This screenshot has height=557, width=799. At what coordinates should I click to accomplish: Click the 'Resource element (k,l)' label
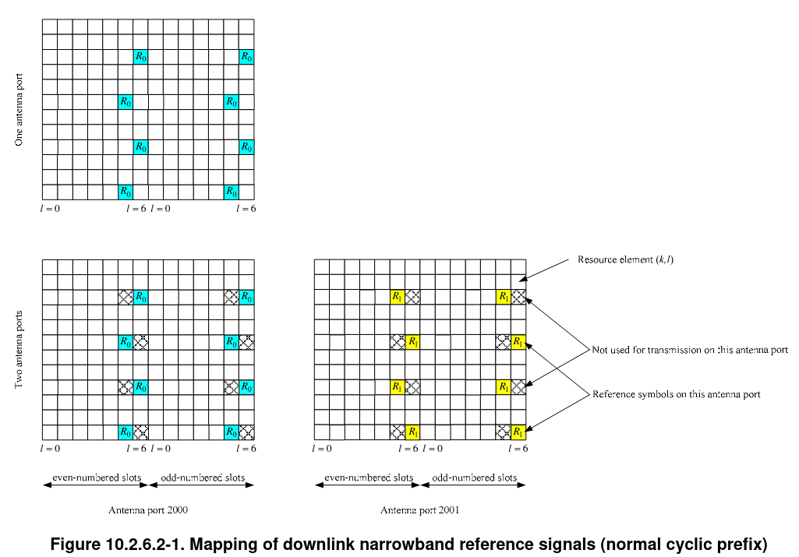(625, 259)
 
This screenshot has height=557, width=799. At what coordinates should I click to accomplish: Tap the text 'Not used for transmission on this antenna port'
(690, 350)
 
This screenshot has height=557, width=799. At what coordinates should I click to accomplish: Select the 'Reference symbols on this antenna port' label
(676, 394)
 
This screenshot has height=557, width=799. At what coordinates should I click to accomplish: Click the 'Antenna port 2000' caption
(148, 510)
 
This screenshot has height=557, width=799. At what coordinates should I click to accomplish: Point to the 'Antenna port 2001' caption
(419, 510)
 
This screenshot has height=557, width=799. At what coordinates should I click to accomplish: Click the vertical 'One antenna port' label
(19, 110)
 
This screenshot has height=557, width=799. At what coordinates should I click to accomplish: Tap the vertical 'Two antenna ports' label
(19, 350)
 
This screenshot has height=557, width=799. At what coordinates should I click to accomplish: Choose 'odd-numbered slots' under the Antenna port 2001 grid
(474, 478)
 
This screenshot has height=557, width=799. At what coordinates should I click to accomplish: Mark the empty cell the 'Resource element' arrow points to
(518, 281)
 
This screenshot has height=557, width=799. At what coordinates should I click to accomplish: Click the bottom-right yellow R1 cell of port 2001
(518, 432)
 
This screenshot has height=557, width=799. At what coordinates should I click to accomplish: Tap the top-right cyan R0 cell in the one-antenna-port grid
(246, 56)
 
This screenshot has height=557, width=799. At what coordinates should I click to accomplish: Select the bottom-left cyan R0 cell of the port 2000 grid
(125, 432)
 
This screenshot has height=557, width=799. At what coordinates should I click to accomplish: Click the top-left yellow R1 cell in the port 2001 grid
(398, 296)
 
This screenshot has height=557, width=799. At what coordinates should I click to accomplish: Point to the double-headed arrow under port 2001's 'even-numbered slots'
(366, 485)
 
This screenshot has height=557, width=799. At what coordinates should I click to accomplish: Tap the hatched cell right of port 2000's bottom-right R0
(246, 432)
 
